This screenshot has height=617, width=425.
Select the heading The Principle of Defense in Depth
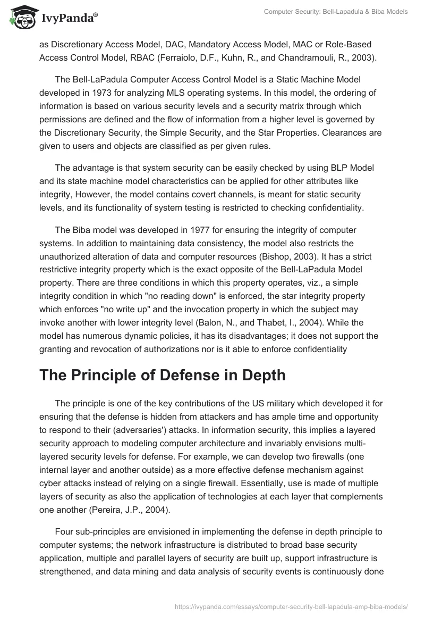pyautogui.click(x=163, y=374)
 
